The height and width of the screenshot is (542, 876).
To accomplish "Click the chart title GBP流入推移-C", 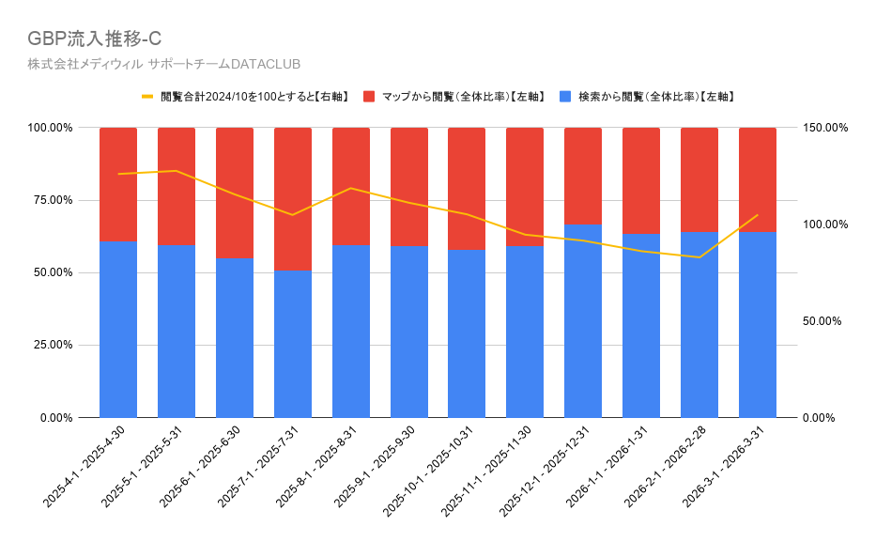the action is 95,39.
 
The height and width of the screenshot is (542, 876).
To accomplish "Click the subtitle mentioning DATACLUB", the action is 163,64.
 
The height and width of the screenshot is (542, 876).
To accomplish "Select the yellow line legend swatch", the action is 147,97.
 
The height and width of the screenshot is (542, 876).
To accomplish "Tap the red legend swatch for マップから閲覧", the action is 369,97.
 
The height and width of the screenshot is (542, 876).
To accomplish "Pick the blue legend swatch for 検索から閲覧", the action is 565,97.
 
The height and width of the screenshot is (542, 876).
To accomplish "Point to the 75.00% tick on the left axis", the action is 51,200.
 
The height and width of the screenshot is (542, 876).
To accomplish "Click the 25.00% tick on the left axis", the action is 51,345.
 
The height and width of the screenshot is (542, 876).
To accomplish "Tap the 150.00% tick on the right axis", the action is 825,128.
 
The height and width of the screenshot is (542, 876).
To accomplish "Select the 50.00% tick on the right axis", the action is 822,321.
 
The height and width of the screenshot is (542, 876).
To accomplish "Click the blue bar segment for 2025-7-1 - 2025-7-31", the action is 293,344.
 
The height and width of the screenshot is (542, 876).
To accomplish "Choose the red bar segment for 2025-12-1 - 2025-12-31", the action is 583,176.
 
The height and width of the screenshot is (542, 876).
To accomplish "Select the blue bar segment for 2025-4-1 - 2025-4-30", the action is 118,330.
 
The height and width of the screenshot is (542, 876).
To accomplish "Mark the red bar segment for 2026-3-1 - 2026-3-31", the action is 758,180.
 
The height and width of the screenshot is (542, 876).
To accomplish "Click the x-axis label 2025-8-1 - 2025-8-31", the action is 316,467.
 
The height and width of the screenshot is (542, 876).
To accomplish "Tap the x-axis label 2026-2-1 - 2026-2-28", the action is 665,467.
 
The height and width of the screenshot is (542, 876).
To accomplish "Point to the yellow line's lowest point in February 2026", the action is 699,257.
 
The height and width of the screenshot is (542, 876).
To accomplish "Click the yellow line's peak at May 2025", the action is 177,171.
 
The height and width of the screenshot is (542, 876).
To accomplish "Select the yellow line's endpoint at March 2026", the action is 758,215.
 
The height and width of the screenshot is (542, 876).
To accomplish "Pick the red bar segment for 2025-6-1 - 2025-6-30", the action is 235,194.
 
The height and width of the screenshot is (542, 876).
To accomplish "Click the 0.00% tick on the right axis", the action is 819,418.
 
